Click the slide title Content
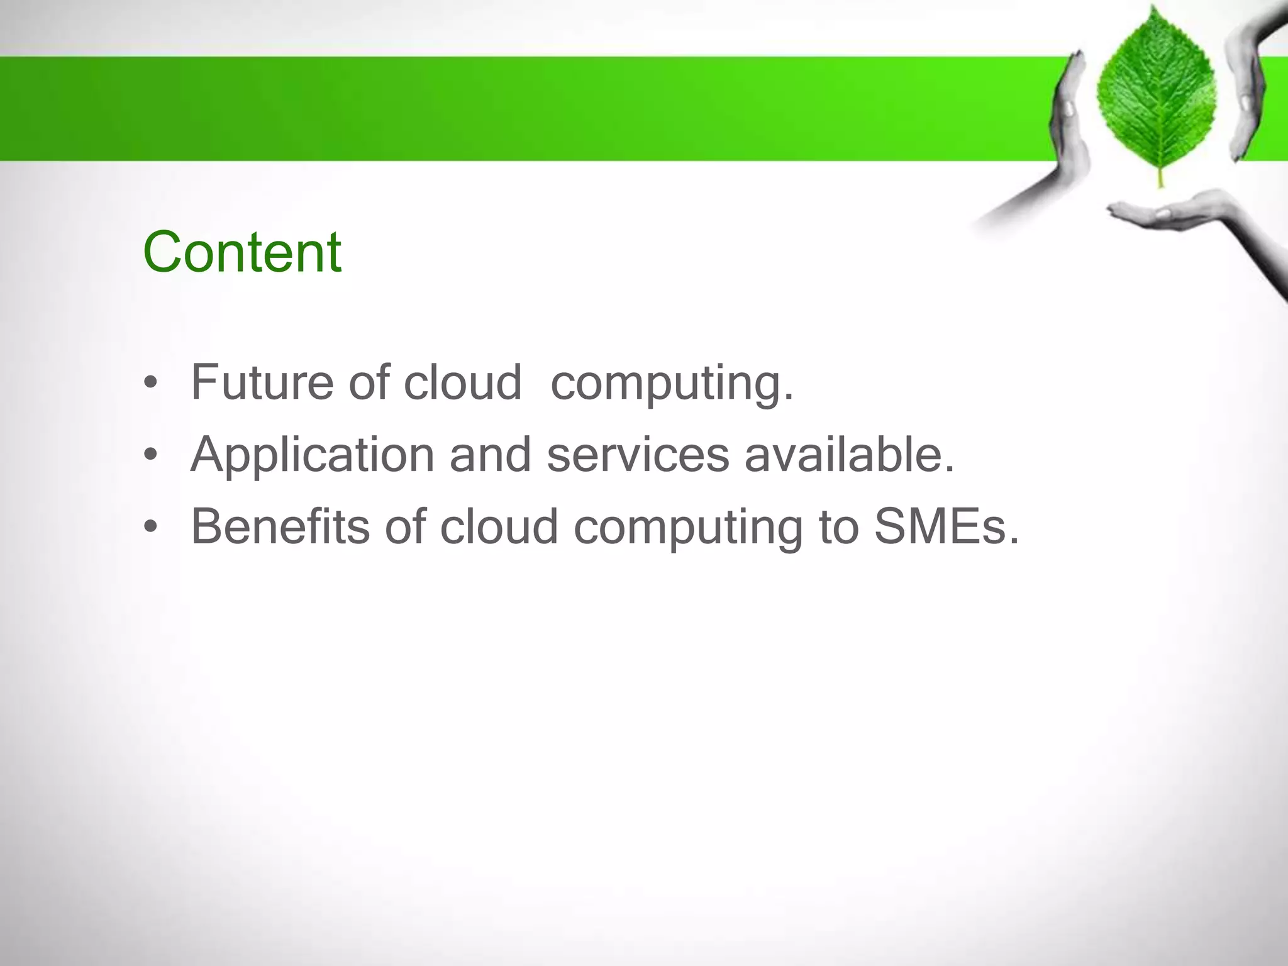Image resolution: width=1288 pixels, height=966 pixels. point(242,253)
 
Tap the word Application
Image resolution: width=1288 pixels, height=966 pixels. point(312,455)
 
